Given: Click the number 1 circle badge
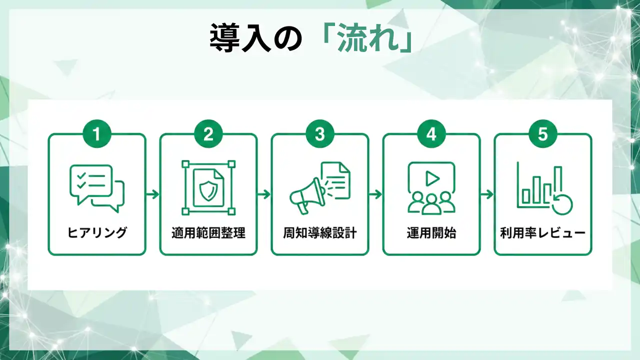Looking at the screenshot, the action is point(97,133).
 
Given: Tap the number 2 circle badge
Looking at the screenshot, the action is point(208,133).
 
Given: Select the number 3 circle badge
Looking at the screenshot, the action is point(319,133).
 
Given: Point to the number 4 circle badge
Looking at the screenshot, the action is point(431,133).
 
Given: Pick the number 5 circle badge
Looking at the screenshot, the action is point(543,133).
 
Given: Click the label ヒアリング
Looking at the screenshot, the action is point(97,232).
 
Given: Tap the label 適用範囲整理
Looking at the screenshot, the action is point(208,233).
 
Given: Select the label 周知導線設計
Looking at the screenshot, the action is point(320,233).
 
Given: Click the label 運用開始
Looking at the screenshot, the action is point(431,233).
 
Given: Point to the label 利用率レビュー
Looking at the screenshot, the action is point(543,233).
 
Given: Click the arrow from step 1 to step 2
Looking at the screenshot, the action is point(152,194).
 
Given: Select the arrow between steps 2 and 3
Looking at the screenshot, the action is point(264,194).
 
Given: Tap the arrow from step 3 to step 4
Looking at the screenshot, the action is point(375,194).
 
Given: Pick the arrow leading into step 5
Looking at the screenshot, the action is point(487,194).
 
